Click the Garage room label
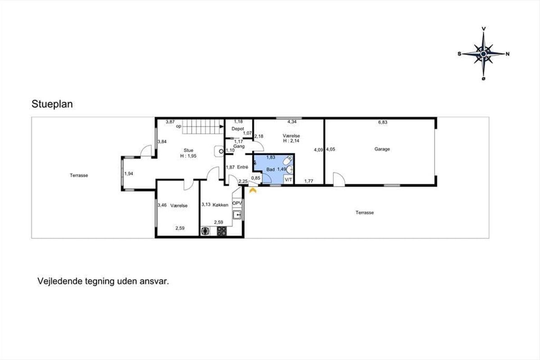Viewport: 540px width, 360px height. point(382,149)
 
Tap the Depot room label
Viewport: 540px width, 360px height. point(238,129)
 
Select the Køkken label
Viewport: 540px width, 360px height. point(220,205)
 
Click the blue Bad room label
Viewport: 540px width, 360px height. point(270,170)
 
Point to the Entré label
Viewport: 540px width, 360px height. point(243,167)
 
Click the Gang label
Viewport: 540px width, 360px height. point(239,146)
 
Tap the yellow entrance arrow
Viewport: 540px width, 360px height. point(252,191)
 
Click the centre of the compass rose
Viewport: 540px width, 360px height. point(483,54)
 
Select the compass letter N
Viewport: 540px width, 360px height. point(508,54)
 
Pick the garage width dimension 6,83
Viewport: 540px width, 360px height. point(382,122)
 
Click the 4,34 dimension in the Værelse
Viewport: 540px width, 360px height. point(292,122)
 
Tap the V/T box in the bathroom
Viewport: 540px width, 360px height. point(288,180)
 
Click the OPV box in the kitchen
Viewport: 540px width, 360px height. point(237,203)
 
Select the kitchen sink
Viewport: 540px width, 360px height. point(237,214)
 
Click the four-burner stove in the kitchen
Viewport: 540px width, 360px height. point(221,231)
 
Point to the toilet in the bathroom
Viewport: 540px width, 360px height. point(288,160)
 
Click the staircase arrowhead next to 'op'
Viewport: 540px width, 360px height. point(221,126)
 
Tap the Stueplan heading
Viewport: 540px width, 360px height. point(52,104)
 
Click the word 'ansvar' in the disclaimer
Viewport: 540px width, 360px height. point(154,281)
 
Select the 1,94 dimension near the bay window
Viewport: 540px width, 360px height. point(129,174)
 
